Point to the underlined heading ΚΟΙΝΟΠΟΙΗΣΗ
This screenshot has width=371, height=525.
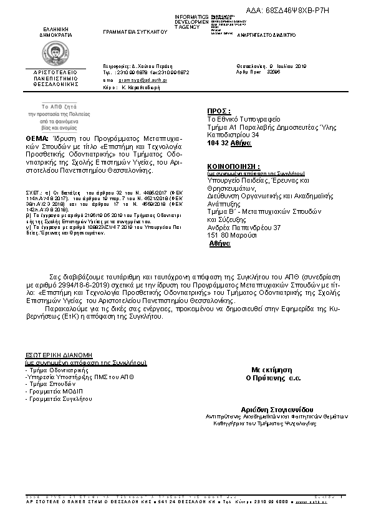233,167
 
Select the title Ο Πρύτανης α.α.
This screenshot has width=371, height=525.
273,378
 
